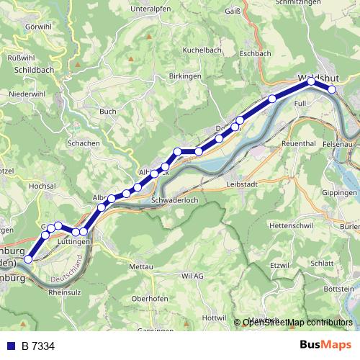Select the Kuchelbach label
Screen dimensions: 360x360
[x=202, y=50]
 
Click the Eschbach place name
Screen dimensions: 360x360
[x=256, y=53]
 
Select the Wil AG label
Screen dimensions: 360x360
[x=193, y=276]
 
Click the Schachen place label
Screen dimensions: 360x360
[x=83, y=143]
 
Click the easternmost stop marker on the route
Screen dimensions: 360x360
[x=332, y=89]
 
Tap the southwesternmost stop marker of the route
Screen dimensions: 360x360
[x=29, y=258]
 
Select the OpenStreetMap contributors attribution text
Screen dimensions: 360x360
[x=297, y=323]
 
